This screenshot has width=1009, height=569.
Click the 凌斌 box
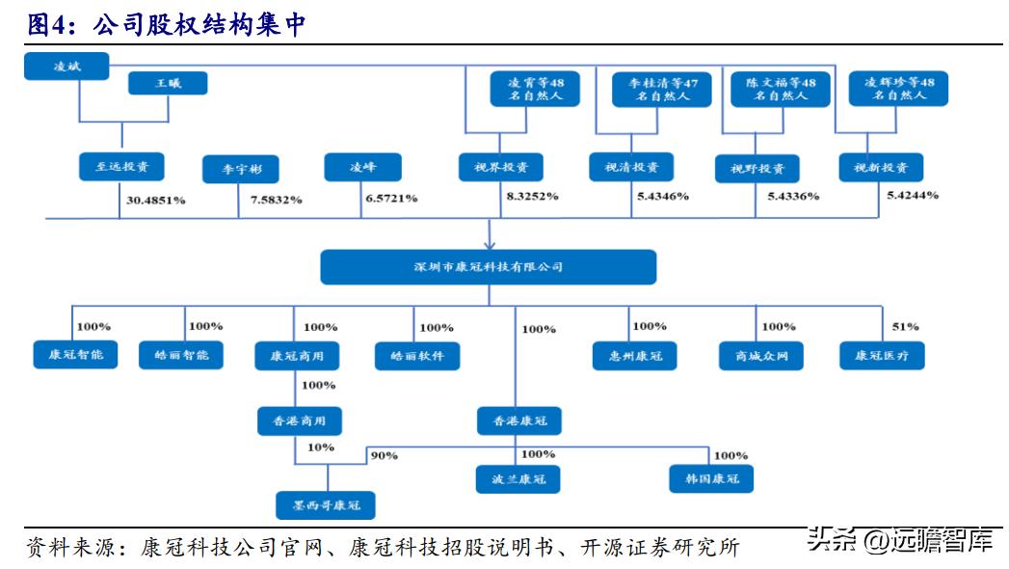pyautogui.click(x=67, y=66)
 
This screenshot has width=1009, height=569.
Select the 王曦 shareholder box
pyautogui.click(x=168, y=84)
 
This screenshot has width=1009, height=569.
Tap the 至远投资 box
pyautogui.click(x=120, y=166)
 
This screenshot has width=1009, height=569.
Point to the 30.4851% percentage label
pyautogui.click(x=155, y=201)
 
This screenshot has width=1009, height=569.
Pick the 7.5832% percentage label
pyautogui.click(x=276, y=200)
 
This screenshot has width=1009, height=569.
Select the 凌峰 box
pyautogui.click(x=362, y=167)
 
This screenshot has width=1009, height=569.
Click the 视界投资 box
pyautogui.click(x=501, y=167)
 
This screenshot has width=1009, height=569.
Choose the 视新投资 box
pyautogui.click(x=880, y=167)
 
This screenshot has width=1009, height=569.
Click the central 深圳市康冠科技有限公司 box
pyautogui.click(x=488, y=267)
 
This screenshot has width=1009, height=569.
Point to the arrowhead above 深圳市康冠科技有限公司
pyautogui.click(x=489, y=242)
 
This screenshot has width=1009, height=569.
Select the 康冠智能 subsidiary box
pyautogui.click(x=75, y=355)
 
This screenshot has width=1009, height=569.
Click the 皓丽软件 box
pyautogui.click(x=417, y=356)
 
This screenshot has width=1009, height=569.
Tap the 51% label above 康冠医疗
pyautogui.click(x=906, y=327)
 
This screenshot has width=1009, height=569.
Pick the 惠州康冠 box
pyautogui.click(x=634, y=356)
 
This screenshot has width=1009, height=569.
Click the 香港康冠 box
pyautogui.click(x=518, y=420)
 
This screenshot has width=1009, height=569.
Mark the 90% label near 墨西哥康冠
pyautogui.click(x=384, y=455)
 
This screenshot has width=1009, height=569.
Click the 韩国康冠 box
pyautogui.click(x=711, y=478)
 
